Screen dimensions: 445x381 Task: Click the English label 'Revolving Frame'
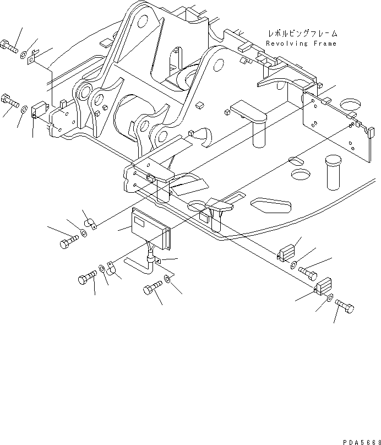tap(301, 43)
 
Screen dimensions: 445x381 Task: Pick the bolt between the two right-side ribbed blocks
tap(309, 270)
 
